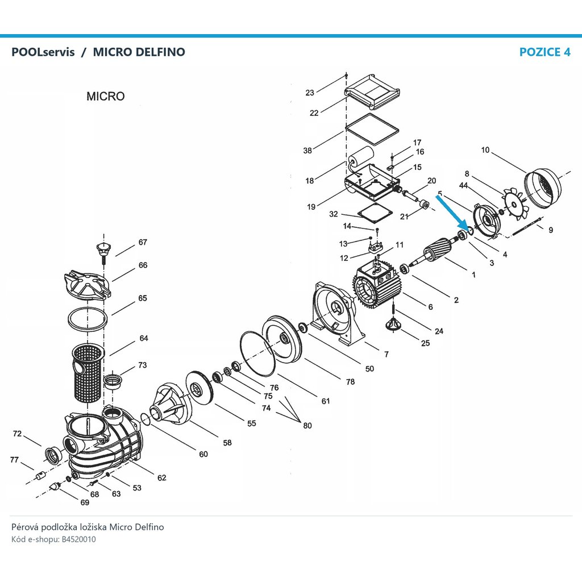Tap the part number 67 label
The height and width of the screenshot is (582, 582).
pyautogui.click(x=143, y=242)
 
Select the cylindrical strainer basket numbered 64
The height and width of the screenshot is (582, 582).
pyautogui.click(x=88, y=373)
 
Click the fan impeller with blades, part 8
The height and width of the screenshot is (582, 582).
pyautogui.click(x=515, y=204)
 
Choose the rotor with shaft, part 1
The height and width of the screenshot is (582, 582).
pyautogui.click(x=435, y=250)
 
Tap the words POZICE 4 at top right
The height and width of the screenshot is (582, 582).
pyautogui.click(x=544, y=52)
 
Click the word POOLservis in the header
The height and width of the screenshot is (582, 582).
pyautogui.click(x=43, y=52)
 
